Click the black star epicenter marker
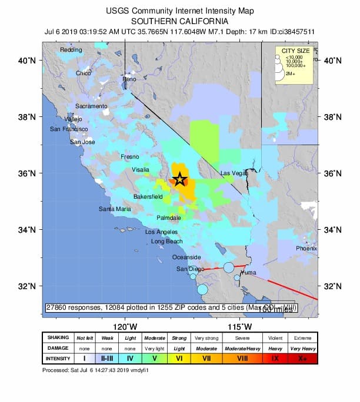click(x=180, y=180)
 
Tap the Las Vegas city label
click(x=234, y=173)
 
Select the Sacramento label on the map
click(x=91, y=106)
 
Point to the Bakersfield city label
click(x=148, y=196)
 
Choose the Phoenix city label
click(x=306, y=249)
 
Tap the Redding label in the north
click(x=71, y=50)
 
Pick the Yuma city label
click(x=249, y=273)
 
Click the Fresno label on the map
click(x=129, y=157)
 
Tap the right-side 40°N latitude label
click(x=333, y=61)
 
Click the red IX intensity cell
click(x=275, y=357)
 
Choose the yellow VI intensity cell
click(x=179, y=357)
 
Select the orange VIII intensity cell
click(x=243, y=357)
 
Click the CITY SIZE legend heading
click(x=296, y=51)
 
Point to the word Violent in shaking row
click(x=275, y=338)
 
